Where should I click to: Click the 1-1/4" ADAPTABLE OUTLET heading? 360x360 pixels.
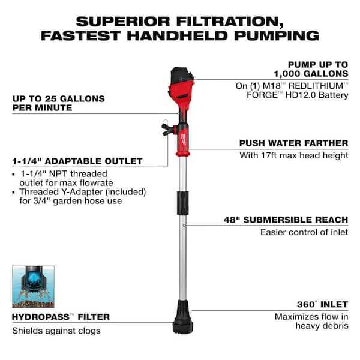click(77, 161)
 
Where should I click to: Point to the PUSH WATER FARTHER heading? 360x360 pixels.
click(293, 143)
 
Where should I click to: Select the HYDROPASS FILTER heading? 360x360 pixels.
click(61, 317)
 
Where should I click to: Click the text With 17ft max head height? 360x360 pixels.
click(295, 156)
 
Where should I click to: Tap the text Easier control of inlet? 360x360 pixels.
click(304, 232)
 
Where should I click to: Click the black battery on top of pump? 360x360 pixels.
click(182, 75)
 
